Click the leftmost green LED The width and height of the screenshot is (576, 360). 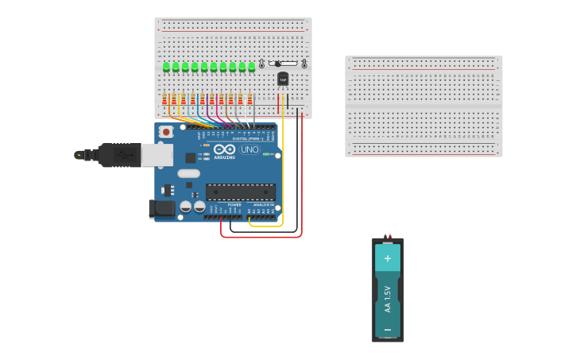coord(166,67)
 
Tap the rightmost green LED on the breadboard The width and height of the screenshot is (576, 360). coord(252,67)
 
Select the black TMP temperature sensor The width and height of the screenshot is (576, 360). coord(283,79)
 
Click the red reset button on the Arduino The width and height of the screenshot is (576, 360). coord(166,131)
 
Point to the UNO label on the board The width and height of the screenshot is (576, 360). coord(250,149)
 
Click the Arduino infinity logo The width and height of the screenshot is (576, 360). coord(225,149)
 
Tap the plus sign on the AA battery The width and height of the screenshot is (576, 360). coord(388,258)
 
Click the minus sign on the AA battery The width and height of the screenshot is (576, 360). coord(388,328)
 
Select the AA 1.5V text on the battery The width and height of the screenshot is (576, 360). coord(388,298)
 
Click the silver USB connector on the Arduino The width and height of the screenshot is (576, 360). coord(157,155)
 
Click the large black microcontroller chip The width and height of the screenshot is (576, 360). coord(241,192)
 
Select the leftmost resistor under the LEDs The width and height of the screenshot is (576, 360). coord(165,99)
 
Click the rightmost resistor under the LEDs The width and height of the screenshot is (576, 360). coord(249,99)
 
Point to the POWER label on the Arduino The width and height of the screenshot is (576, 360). coord(234,204)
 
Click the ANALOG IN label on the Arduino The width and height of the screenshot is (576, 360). coord(263,204)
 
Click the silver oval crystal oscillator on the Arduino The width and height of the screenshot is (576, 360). coord(188,173)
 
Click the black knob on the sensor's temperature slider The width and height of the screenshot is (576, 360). coord(277,64)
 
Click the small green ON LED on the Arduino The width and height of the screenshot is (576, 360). coord(267,154)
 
